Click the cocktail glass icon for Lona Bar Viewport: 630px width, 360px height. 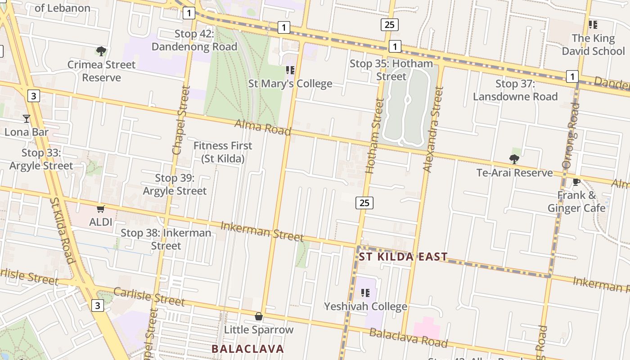coord(27,119)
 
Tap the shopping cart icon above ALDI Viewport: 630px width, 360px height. coord(101,209)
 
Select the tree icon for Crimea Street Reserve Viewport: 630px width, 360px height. coord(101,51)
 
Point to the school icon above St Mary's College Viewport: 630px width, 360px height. coord(290,70)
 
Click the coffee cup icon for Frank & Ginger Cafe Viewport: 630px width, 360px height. coord(576,182)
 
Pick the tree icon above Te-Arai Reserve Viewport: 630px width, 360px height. coord(514,159)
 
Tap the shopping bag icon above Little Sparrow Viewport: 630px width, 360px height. coord(259,316)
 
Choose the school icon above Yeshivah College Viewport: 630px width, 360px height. coord(365,293)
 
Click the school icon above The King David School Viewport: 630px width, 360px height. coord(593,24)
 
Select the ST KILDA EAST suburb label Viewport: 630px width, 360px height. coord(403,257)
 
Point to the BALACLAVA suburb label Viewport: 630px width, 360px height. coord(247,349)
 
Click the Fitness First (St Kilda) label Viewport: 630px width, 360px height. coord(223,152)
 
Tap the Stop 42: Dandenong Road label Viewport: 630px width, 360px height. coord(194,40)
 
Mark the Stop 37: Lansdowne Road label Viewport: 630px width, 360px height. coord(515,90)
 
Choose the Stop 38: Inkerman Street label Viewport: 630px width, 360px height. coord(166,239)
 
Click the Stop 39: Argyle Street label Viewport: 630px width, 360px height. coord(175,184)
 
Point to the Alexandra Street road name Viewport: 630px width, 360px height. coord(433,129)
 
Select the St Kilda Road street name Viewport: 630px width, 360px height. coord(62,230)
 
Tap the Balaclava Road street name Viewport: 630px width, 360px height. coord(409,338)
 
